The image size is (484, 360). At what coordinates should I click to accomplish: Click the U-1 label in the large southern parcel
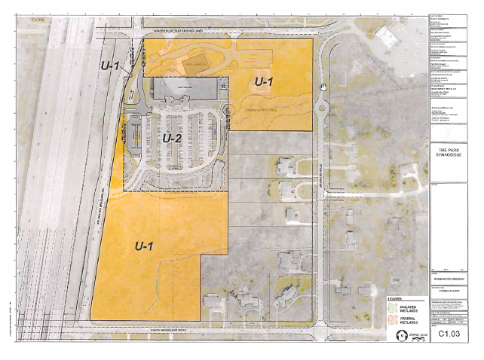[145, 245]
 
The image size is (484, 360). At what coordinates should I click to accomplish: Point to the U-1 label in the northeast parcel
[264, 81]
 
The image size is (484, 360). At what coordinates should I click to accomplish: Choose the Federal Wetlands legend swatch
[394, 320]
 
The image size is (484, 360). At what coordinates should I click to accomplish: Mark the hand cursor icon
[323, 87]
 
